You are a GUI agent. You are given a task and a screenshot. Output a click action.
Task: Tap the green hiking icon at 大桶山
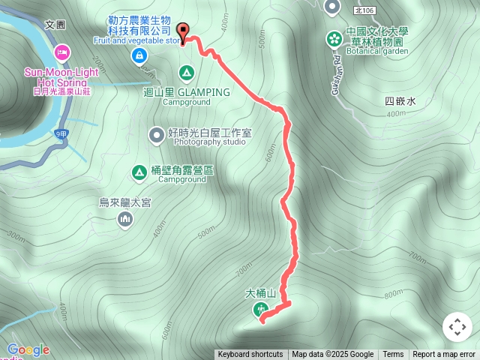262,309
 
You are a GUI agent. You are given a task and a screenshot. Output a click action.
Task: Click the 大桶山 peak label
261,293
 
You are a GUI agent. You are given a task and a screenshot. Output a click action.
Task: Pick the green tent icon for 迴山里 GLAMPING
186,73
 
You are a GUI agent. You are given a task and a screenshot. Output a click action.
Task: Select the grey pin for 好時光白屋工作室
156,134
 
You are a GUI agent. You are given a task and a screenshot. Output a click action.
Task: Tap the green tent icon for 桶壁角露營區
139,172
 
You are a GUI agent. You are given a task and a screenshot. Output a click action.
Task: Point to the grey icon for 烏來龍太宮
125,219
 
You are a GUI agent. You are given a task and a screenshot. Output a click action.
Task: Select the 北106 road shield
365,8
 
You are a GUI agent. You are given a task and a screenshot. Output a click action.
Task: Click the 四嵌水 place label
400,101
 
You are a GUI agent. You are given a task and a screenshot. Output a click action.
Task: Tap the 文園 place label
55,24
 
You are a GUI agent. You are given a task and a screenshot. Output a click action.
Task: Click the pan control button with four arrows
457,327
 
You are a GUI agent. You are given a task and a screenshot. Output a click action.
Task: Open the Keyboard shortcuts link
250,355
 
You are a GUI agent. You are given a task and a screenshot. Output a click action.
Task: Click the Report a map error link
444,355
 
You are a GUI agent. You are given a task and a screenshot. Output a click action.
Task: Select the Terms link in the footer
393,355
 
